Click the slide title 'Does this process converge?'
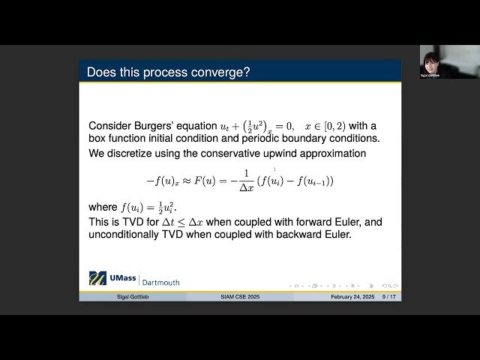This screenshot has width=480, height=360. (168, 72)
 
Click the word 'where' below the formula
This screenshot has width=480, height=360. (103, 207)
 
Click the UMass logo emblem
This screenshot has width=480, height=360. (97, 278)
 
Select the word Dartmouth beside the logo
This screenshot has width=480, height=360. (160, 282)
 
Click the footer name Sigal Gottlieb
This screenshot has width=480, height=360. (133, 297)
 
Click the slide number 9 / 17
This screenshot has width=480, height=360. (389, 297)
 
